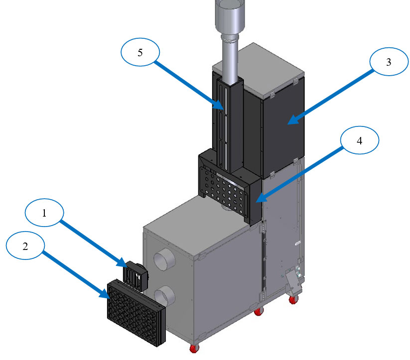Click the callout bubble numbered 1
pyautogui.click(x=44, y=213)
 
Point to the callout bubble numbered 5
pyautogui.click(x=140, y=53)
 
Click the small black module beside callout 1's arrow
pyautogui.click(x=137, y=275)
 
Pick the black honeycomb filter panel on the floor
pyautogui.click(x=136, y=311)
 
